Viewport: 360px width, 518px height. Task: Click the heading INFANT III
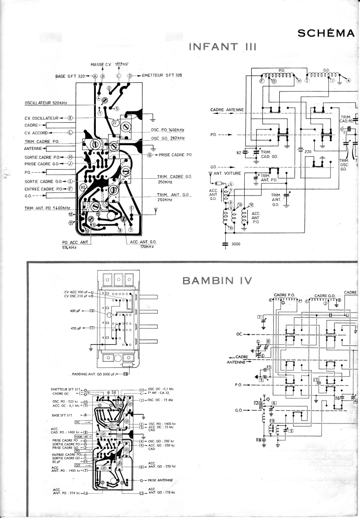(223, 47)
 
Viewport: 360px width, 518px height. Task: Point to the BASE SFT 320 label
(69, 76)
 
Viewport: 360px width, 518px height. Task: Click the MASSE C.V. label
(101, 64)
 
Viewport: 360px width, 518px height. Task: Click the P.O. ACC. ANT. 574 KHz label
(75, 244)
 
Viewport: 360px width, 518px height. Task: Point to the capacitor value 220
(308, 152)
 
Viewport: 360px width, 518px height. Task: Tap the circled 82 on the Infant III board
(83, 187)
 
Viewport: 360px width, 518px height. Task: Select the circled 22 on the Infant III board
(115, 123)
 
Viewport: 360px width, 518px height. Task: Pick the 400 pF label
(76, 310)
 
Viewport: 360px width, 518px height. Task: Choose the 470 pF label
(76, 328)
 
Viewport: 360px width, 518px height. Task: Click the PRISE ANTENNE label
(160, 480)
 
